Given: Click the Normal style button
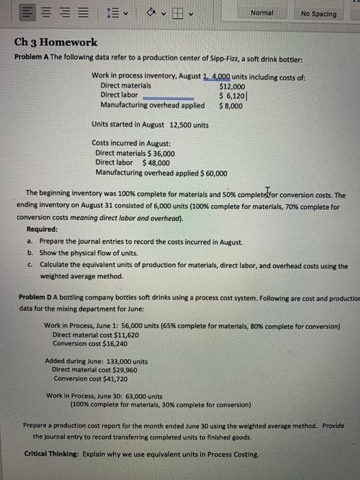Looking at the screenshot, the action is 262,14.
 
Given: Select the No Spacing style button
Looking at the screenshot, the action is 318,14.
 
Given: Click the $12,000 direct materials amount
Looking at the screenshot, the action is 231,86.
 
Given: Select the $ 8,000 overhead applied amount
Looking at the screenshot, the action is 230,106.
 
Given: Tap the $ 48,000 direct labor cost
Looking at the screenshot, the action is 160,163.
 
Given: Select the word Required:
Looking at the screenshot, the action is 43,230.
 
